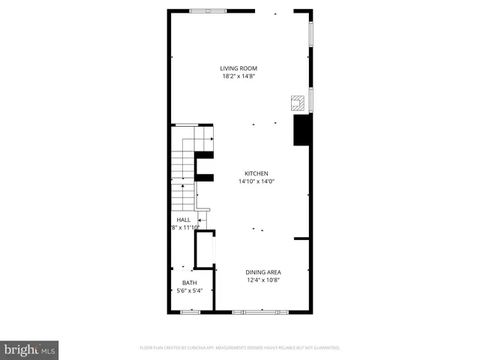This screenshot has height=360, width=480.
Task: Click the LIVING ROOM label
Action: click(238, 68)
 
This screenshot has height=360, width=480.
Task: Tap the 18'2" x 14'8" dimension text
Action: click(238, 76)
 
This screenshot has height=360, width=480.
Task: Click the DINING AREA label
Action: click(262, 272)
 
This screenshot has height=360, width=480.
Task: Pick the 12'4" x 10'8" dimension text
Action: click(262, 280)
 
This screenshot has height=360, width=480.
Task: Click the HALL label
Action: click(183, 220)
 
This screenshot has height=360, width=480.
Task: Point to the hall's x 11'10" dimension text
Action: click(186, 227)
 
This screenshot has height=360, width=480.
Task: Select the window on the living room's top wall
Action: click(208, 10)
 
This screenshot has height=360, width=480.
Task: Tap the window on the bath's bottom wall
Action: click(190, 311)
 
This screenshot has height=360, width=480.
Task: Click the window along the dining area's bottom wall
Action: click(260, 311)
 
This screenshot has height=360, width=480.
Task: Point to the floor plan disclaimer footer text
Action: click(240, 348)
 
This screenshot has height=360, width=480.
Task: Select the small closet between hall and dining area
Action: click(205, 249)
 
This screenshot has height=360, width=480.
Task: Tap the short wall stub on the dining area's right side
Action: click(302, 239)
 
